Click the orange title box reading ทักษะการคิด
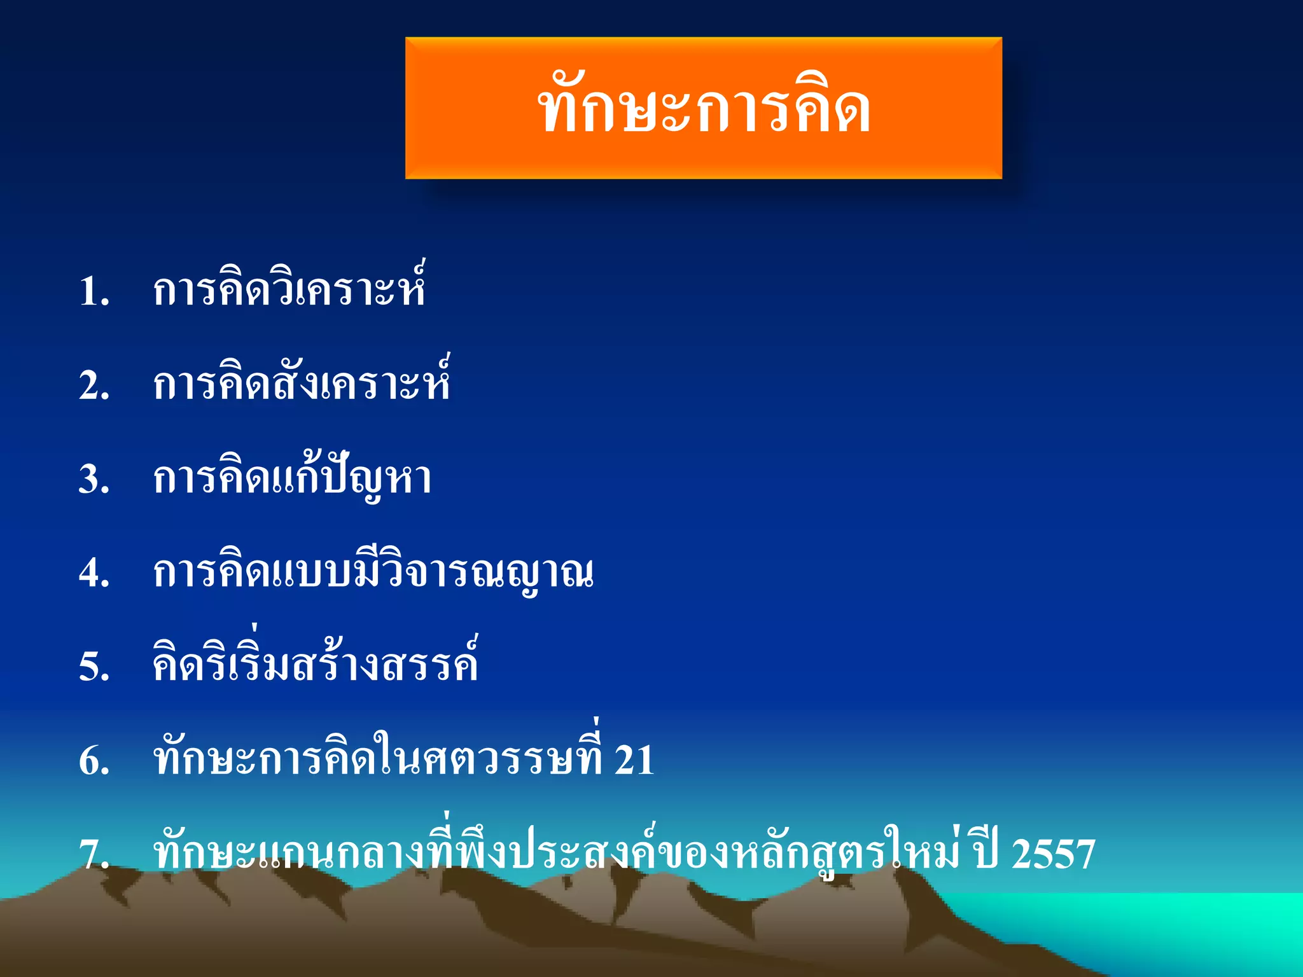tap(703, 108)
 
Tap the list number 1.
tap(94, 292)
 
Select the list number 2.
tap(94, 385)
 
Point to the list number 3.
tap(94, 479)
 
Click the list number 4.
tap(94, 572)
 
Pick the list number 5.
tap(94, 667)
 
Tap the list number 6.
tap(94, 760)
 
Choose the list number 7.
tap(94, 854)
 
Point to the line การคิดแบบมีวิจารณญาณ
tap(373, 572)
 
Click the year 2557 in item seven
tap(1053, 854)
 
